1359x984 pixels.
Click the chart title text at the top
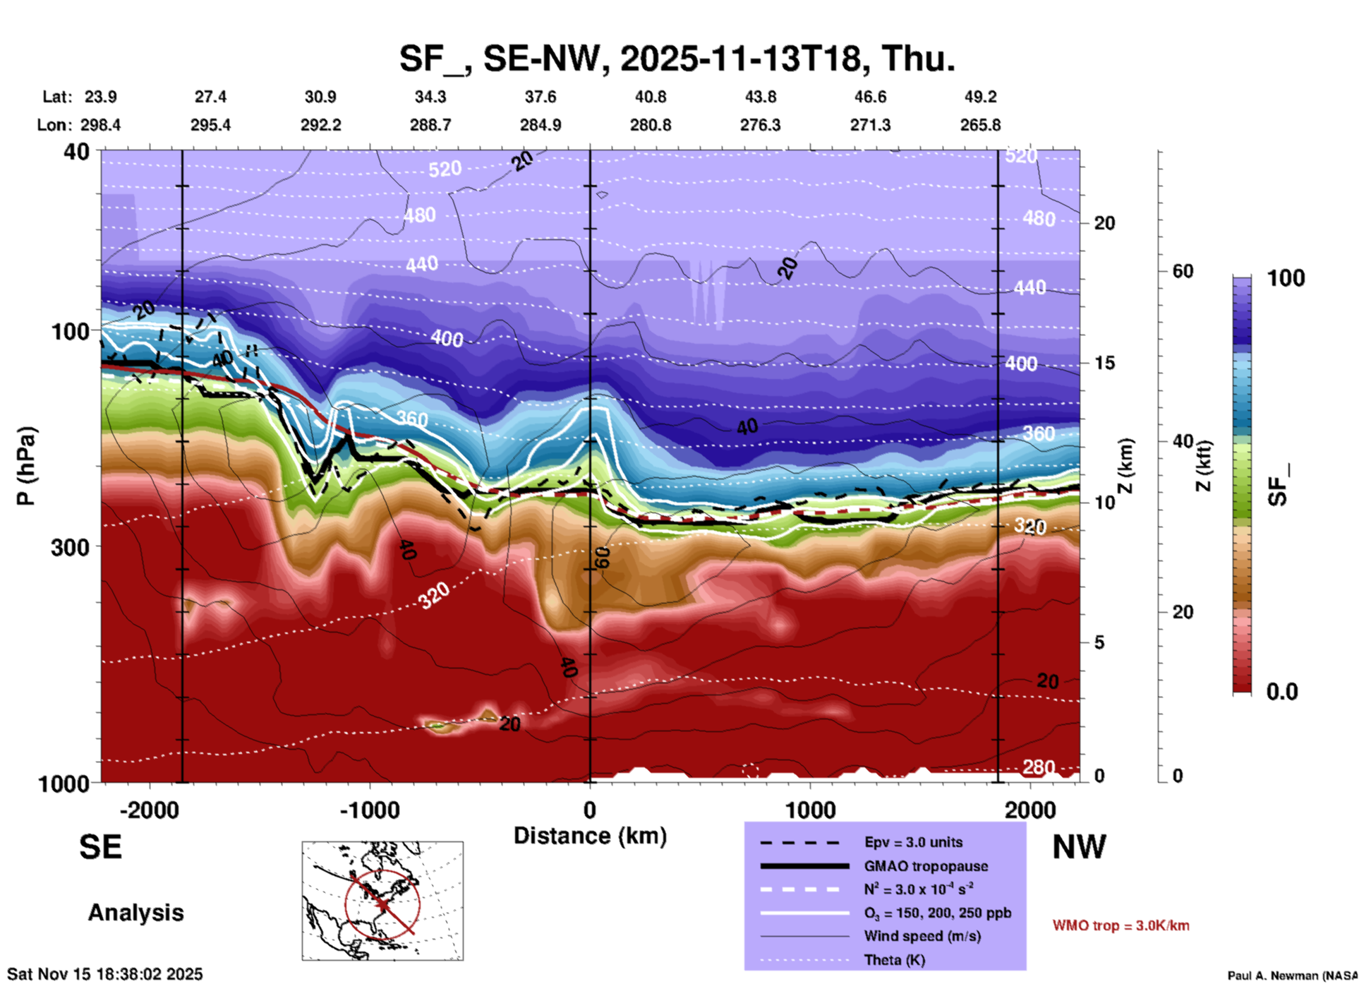click(677, 59)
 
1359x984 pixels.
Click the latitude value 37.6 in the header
click(540, 97)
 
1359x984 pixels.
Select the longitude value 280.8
click(650, 125)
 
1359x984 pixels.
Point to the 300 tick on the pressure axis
click(70, 547)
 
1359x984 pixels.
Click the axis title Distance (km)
click(590, 836)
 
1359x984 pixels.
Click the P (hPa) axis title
click(26, 466)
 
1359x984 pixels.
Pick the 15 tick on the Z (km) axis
click(1104, 363)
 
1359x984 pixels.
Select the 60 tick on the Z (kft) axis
click(1183, 271)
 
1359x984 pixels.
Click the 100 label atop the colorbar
click(1286, 278)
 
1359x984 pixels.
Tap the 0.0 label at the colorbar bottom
click(1282, 692)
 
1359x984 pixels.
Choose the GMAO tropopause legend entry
click(926, 866)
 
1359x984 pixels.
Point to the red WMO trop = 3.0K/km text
click(1121, 925)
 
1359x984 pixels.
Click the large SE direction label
click(100, 847)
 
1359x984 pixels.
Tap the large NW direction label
click(1079, 847)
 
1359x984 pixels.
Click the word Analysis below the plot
click(135, 913)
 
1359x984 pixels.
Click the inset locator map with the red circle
click(382, 901)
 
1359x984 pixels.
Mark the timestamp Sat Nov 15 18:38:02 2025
click(105, 974)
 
